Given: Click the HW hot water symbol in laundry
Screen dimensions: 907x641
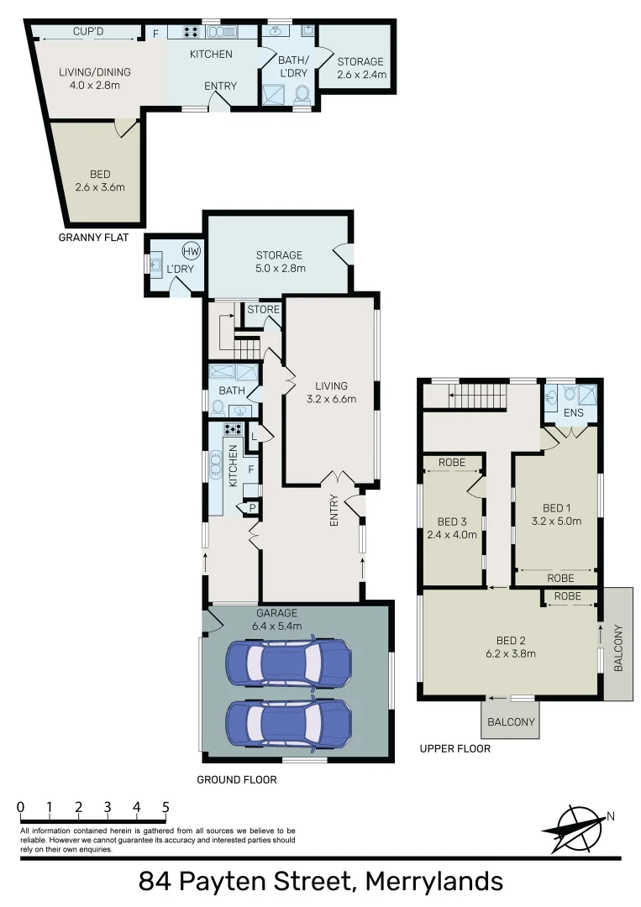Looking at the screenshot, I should point(192,251).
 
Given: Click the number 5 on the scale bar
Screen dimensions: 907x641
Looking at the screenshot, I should point(166,808).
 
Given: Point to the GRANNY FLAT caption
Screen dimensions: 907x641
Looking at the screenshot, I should point(93,238).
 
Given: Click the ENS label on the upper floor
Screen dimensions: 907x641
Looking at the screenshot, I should point(573,413).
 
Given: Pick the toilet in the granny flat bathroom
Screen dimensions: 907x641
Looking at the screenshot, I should point(302,96).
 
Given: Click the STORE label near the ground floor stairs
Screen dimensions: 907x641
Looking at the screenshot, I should point(263,310).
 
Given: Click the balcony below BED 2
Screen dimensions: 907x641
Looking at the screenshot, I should point(509,721).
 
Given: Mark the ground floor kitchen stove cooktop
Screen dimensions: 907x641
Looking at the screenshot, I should point(232,428).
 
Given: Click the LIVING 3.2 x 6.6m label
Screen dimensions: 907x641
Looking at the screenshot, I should point(330,393).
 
